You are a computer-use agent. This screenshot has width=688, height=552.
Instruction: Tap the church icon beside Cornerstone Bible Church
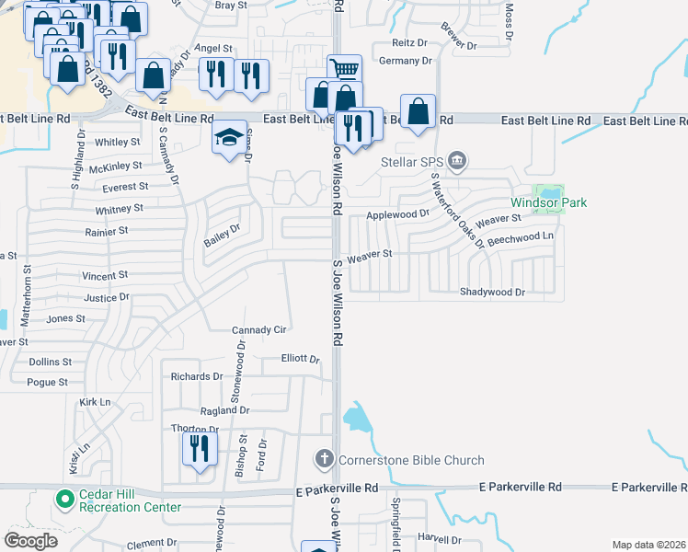[x=324, y=458]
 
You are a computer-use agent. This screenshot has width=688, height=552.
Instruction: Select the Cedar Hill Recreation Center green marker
[x=64, y=500]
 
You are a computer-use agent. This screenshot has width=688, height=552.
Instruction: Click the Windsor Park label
[x=549, y=202]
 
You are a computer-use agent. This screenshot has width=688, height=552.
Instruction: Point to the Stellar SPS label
[x=413, y=163]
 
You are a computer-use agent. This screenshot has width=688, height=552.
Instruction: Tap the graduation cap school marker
[x=230, y=139]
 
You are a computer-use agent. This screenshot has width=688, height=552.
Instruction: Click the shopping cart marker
[x=344, y=69]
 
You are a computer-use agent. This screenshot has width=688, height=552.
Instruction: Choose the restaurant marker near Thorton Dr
[x=199, y=450]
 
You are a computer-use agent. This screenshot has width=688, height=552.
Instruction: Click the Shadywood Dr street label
[x=492, y=292]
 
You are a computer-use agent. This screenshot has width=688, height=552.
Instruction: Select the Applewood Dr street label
[x=398, y=214]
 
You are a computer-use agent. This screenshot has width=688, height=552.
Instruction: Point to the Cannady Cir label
[x=259, y=329]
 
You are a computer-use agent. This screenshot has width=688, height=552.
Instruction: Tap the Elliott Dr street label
[x=300, y=359]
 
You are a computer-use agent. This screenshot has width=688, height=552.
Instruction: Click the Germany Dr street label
[x=405, y=61]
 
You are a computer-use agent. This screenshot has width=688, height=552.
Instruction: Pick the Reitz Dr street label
[x=410, y=42]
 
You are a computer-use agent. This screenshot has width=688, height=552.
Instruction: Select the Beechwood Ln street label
[x=522, y=236]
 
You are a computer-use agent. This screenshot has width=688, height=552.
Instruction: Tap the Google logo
[x=30, y=541]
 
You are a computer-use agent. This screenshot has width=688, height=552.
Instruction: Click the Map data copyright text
[x=648, y=545]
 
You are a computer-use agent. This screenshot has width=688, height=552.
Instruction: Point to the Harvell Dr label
[x=438, y=536]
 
